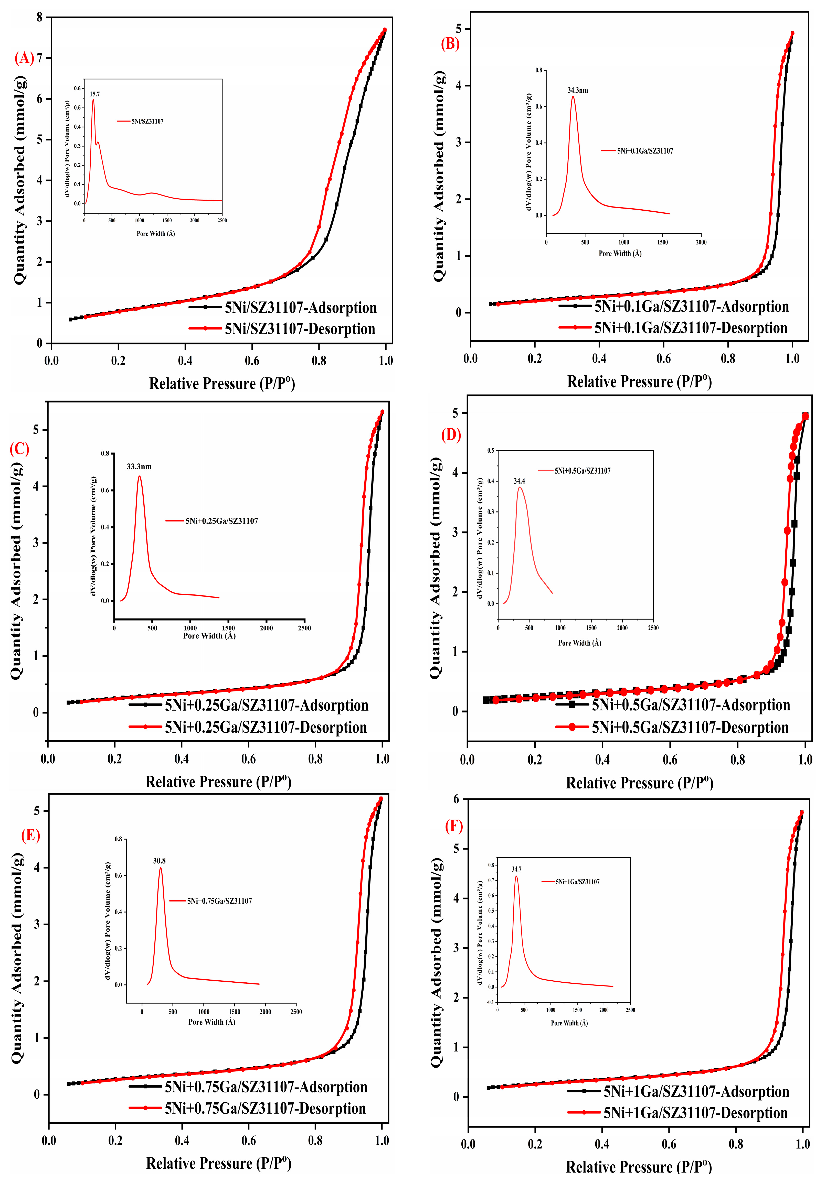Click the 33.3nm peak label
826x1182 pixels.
click(x=139, y=467)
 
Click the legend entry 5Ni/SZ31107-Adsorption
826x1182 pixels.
click(x=300, y=308)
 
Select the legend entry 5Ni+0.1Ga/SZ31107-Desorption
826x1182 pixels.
click(x=691, y=328)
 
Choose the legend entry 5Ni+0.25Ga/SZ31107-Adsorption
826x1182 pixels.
click(x=266, y=705)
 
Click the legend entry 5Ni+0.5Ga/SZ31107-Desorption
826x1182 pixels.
click(x=690, y=728)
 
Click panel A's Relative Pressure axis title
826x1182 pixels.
click(x=222, y=384)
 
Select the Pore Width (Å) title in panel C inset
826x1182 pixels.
click(x=209, y=636)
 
